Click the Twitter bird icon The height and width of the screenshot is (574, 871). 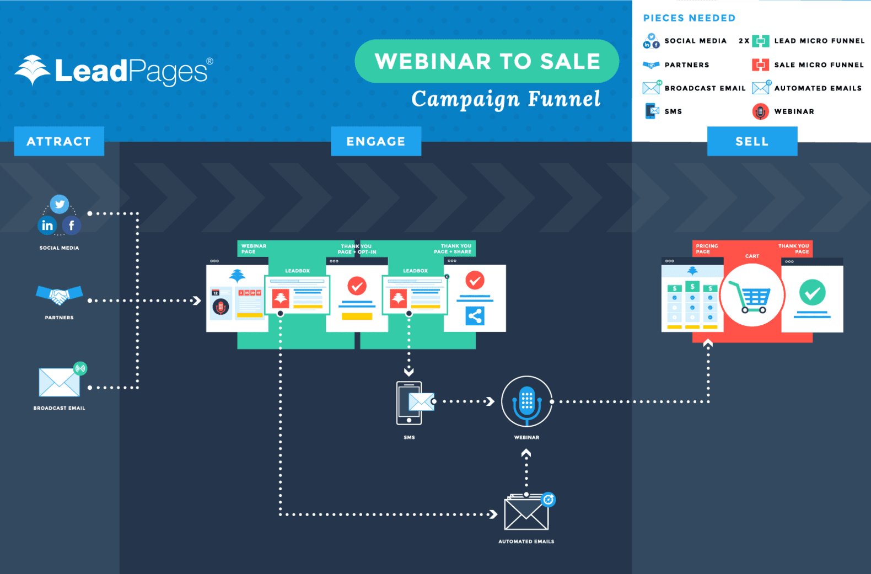point(60,205)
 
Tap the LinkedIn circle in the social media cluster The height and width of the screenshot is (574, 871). point(47,225)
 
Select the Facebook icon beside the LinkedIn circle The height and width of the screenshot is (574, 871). point(72,225)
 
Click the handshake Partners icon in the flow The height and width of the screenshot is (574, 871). point(59,295)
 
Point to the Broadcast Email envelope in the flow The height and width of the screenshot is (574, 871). point(60,382)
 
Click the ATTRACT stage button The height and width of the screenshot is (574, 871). point(59,141)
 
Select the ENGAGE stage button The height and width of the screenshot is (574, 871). point(376,141)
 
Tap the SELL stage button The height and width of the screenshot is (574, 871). point(752,141)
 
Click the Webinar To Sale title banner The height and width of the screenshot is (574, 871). point(487,61)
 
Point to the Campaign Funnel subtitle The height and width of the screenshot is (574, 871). point(506,99)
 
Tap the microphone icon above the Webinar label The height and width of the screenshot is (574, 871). point(526,401)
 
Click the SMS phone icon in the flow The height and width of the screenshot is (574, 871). point(410,403)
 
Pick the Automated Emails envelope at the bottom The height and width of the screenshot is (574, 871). point(526,513)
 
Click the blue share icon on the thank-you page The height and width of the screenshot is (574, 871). point(475,316)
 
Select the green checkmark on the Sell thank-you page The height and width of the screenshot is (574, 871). point(812,292)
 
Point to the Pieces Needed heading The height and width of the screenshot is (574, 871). point(689,18)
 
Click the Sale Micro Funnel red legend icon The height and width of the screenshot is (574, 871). point(760,65)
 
